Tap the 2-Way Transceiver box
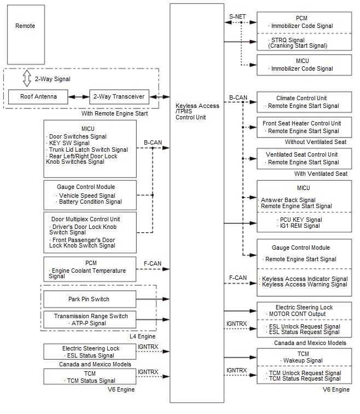[x=119, y=97]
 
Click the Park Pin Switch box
[x=90, y=299]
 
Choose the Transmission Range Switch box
[x=90, y=319]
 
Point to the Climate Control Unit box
[x=304, y=102]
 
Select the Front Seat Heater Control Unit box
[x=304, y=127]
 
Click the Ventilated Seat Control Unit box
[x=304, y=158]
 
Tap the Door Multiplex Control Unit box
[x=90, y=232]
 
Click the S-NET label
[x=237, y=17]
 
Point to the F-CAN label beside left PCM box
[x=152, y=263]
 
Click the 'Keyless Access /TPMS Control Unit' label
[x=198, y=112]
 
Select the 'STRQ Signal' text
[x=288, y=40]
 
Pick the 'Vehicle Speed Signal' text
[x=88, y=196]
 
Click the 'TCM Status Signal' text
[x=90, y=381]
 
